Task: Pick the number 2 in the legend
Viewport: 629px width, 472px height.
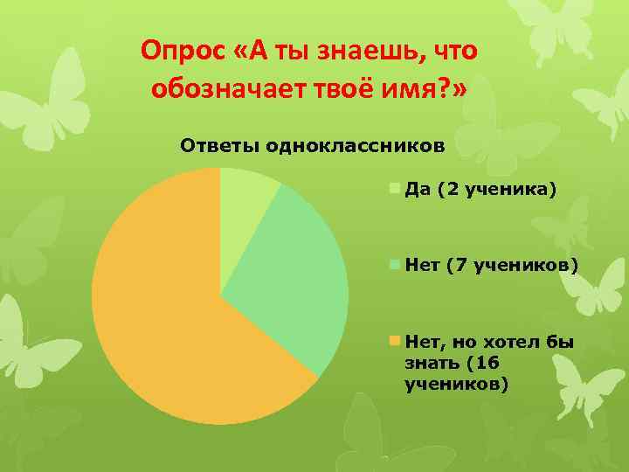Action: [451, 188]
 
